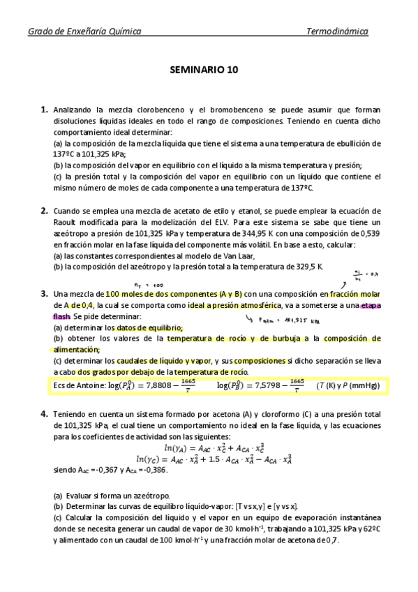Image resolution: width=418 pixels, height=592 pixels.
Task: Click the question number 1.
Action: click(x=44, y=110)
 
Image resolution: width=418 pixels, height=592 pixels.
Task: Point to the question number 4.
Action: click(x=44, y=414)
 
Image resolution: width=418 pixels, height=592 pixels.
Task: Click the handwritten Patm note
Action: click(x=284, y=321)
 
